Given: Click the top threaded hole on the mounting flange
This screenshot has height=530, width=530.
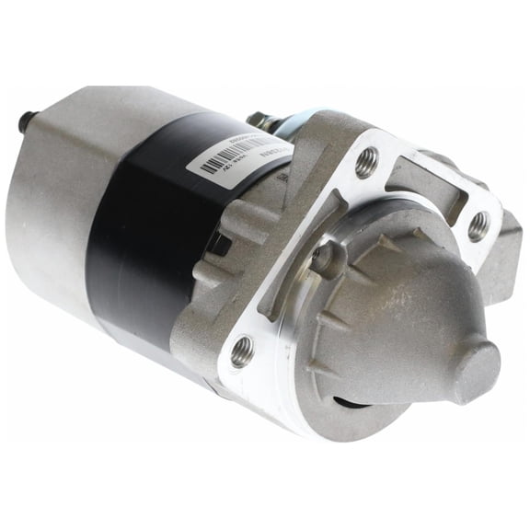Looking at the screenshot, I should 367,163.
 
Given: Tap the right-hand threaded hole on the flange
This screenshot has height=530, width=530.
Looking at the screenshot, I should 478,225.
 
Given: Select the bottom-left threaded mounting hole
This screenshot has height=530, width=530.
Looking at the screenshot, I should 241,350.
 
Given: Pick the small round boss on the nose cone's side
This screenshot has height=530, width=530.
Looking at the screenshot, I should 327,262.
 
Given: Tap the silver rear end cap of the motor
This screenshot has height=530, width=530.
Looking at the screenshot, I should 55,202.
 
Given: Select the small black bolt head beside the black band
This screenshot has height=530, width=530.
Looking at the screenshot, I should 219,245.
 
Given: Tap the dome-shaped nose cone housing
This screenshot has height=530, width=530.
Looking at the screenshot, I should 396,313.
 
